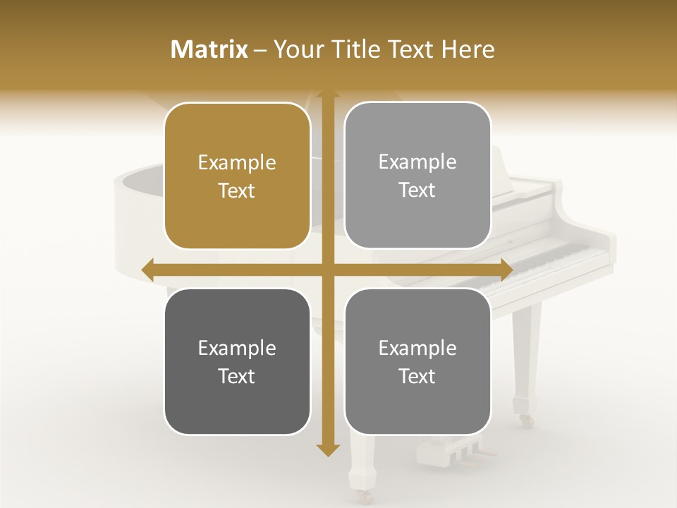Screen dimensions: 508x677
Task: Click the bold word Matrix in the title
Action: point(209,49)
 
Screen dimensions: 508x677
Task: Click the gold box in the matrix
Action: point(237,176)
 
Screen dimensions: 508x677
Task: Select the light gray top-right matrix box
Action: point(417,176)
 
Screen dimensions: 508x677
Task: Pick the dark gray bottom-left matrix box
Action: point(237,361)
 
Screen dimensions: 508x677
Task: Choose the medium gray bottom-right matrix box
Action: point(417,361)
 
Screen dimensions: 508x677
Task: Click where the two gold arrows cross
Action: point(327,269)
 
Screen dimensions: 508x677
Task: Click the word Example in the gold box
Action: point(237,163)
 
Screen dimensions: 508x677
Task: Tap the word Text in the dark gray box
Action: point(237,376)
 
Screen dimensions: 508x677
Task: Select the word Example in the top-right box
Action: point(417,162)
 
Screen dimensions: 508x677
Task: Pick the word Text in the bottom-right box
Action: point(417,376)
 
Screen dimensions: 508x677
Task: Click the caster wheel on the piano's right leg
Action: point(526,421)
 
